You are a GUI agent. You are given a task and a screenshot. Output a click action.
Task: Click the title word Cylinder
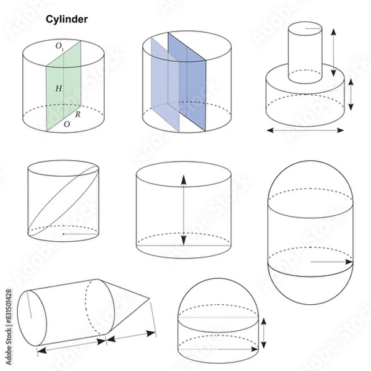tap(67, 20)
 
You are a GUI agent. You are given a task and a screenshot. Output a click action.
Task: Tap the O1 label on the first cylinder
tap(59, 46)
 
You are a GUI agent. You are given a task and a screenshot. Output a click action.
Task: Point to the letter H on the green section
tap(58, 89)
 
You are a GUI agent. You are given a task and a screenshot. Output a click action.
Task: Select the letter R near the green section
tap(79, 115)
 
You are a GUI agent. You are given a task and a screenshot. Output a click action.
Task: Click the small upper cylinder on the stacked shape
tap(305, 53)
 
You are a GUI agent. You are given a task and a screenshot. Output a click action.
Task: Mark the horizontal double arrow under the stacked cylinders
tap(305, 130)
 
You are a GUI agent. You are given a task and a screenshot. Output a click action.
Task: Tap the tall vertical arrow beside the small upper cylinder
tap(333, 53)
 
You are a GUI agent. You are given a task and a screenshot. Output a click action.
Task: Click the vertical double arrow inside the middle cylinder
tap(184, 210)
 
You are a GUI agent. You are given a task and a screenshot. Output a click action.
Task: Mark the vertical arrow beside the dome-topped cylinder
tap(264, 333)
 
